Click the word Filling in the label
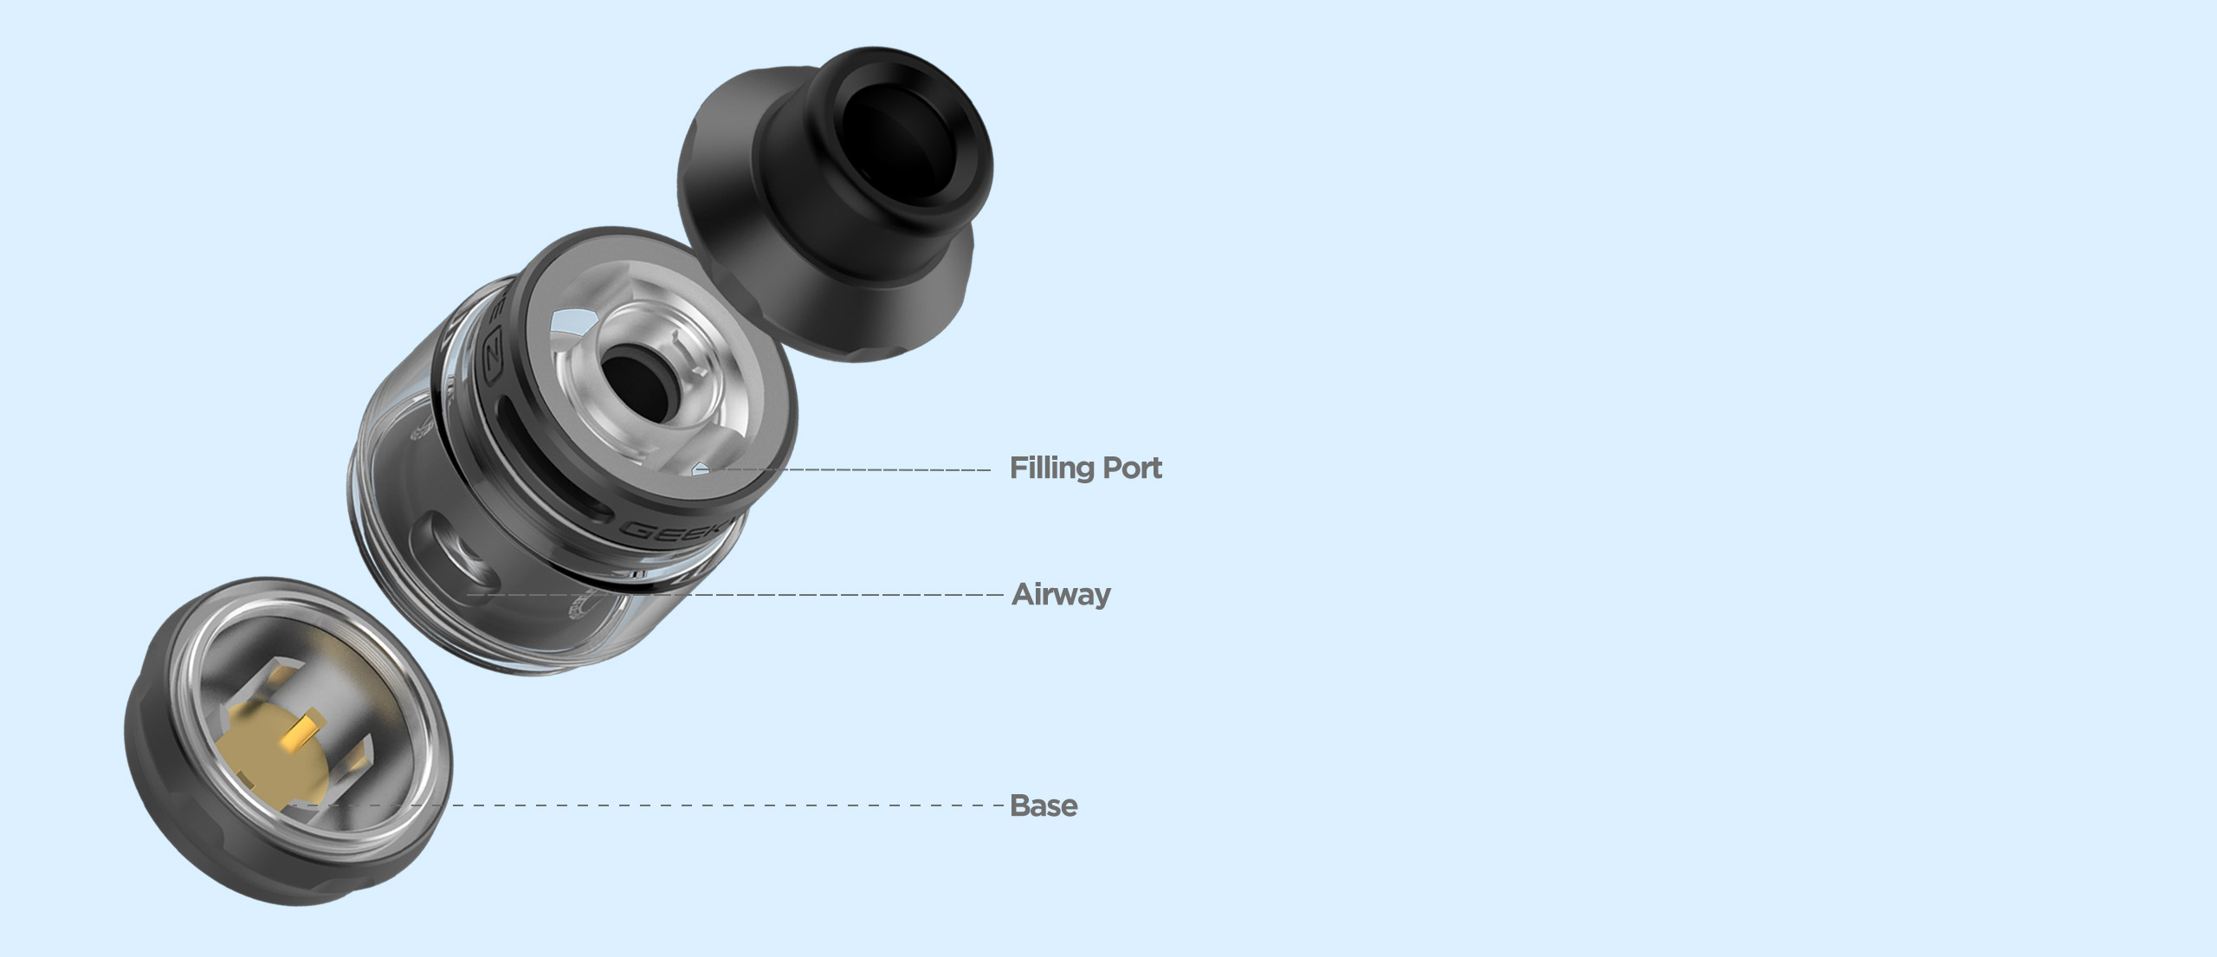pyautogui.click(x=1052, y=468)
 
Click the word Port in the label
pyautogui.click(x=1133, y=468)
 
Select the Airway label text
pyautogui.click(x=1061, y=594)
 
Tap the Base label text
pyautogui.click(x=1044, y=805)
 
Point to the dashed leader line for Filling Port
pyautogui.click(x=849, y=469)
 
